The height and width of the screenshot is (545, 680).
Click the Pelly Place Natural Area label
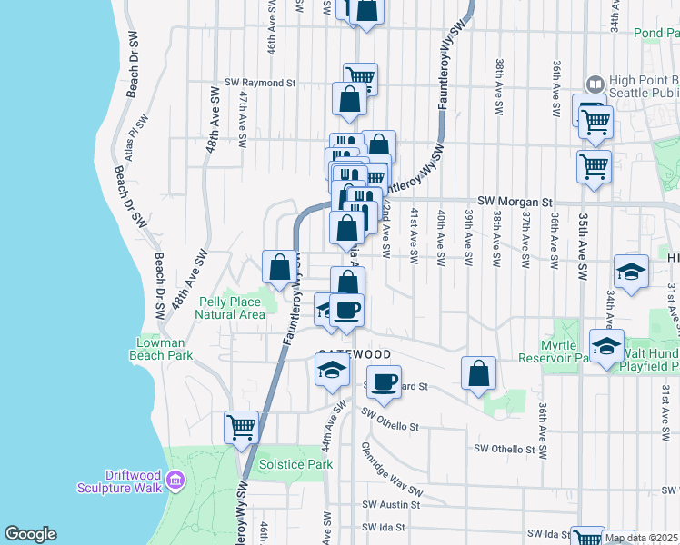point(233,307)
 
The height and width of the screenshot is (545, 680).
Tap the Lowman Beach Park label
point(165,349)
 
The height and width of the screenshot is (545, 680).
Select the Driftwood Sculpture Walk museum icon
point(176,479)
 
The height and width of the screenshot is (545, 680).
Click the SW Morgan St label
point(515,201)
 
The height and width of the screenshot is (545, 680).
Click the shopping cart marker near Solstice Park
point(241,425)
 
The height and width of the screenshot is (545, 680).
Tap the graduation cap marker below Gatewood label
point(333,368)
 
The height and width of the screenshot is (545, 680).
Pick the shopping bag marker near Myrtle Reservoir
point(478,372)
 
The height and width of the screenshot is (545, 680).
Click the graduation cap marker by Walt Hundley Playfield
point(606,344)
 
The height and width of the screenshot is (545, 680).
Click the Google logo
point(30,534)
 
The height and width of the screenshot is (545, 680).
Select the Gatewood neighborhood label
point(355,354)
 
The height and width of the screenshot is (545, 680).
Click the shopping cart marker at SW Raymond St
point(360,77)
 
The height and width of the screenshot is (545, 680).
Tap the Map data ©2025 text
point(641,538)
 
